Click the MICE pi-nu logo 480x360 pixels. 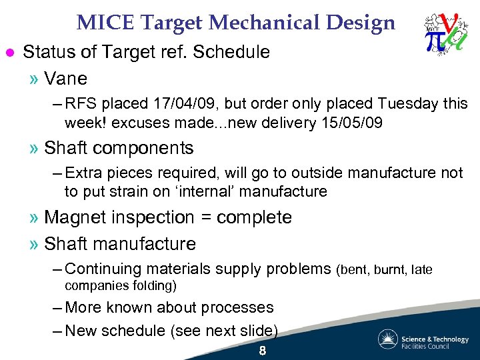tap(444, 33)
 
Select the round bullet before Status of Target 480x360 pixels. tap(9, 52)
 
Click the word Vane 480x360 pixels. tap(65, 79)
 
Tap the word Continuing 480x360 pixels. tap(105, 269)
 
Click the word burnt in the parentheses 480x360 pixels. tap(390, 270)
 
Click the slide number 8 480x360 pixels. tap(262, 351)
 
